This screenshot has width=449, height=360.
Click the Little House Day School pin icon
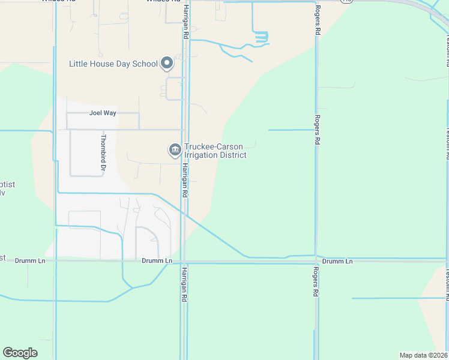(167, 63)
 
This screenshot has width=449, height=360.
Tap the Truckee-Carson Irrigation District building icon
(175, 150)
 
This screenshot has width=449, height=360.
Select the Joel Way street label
(102, 113)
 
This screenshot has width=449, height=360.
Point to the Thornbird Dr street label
(103, 151)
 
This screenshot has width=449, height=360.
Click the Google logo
(20, 352)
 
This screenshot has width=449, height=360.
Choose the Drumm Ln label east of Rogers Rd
(337, 262)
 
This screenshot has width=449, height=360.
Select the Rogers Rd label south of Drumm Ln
(315, 282)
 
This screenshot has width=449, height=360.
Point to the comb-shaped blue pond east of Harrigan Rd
(261, 37)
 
